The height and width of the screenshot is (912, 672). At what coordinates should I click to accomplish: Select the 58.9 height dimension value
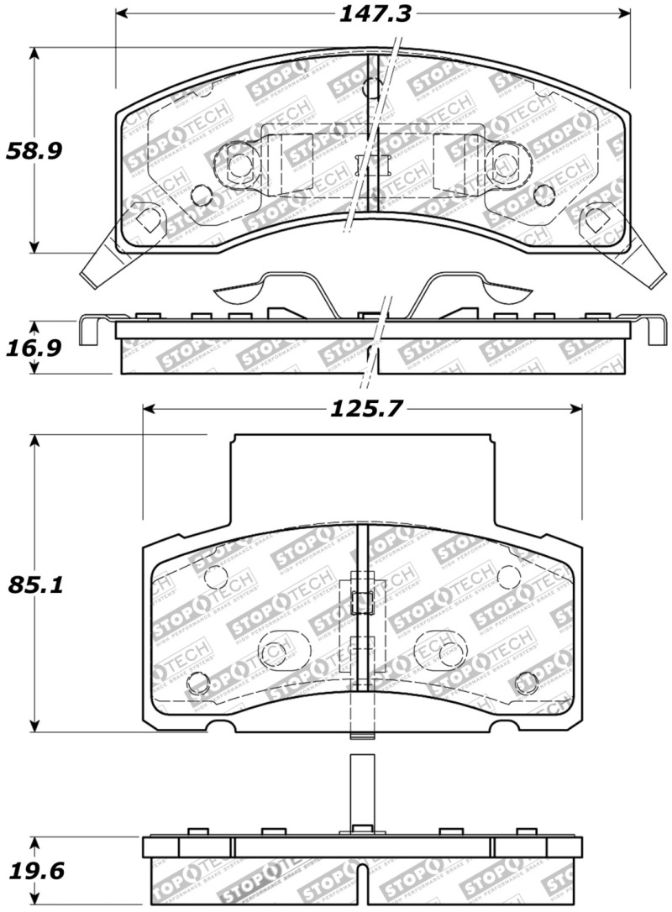pos(34,151)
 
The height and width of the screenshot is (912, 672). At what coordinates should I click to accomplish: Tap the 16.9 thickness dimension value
pos(34,347)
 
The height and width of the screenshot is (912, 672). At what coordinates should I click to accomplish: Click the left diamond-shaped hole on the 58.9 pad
pos(148,220)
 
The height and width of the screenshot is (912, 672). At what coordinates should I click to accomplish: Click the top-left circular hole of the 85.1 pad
pos(216,577)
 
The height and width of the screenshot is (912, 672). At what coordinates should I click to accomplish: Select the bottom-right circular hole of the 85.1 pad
pos(526,683)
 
